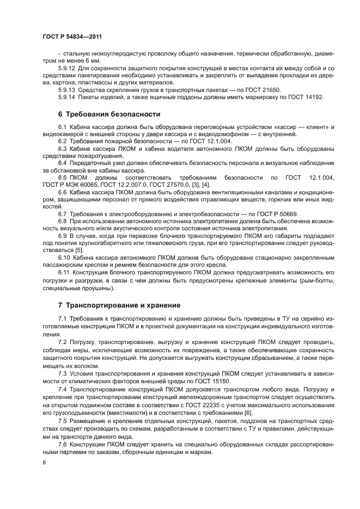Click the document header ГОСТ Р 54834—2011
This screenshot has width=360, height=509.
(x=72, y=35)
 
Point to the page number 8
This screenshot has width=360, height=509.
(x=44, y=463)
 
